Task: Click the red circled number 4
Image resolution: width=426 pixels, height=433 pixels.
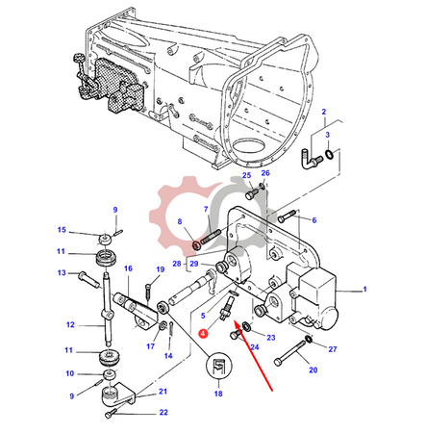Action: coord(203,334)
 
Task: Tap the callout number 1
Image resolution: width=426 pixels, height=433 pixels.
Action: coord(364,290)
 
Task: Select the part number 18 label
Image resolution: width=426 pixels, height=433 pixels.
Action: coord(218,394)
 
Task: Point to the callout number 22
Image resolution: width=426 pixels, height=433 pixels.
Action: coord(163,412)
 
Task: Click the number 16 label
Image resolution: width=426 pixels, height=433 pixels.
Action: coord(128,268)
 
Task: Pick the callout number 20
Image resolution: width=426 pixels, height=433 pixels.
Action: coord(313,369)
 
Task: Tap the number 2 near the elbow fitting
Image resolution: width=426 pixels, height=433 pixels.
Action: coord(324,112)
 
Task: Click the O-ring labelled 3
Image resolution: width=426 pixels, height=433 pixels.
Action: coord(329,154)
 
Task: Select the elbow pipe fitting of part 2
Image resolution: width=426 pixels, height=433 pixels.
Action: coord(308,159)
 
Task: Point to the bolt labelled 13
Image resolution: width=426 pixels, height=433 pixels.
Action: coord(89,279)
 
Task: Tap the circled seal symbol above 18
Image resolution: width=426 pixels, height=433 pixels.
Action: coord(218,366)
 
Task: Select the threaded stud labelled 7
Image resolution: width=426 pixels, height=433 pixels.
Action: coord(211,238)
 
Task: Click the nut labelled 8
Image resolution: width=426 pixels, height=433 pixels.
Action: coord(196,245)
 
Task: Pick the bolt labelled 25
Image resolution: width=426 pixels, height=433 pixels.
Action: coord(252,192)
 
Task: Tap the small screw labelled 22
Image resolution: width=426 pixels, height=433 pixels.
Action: coord(110,415)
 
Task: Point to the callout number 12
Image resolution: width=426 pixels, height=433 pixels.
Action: coord(70,324)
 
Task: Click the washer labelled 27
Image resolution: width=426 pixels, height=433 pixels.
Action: coord(309,339)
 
